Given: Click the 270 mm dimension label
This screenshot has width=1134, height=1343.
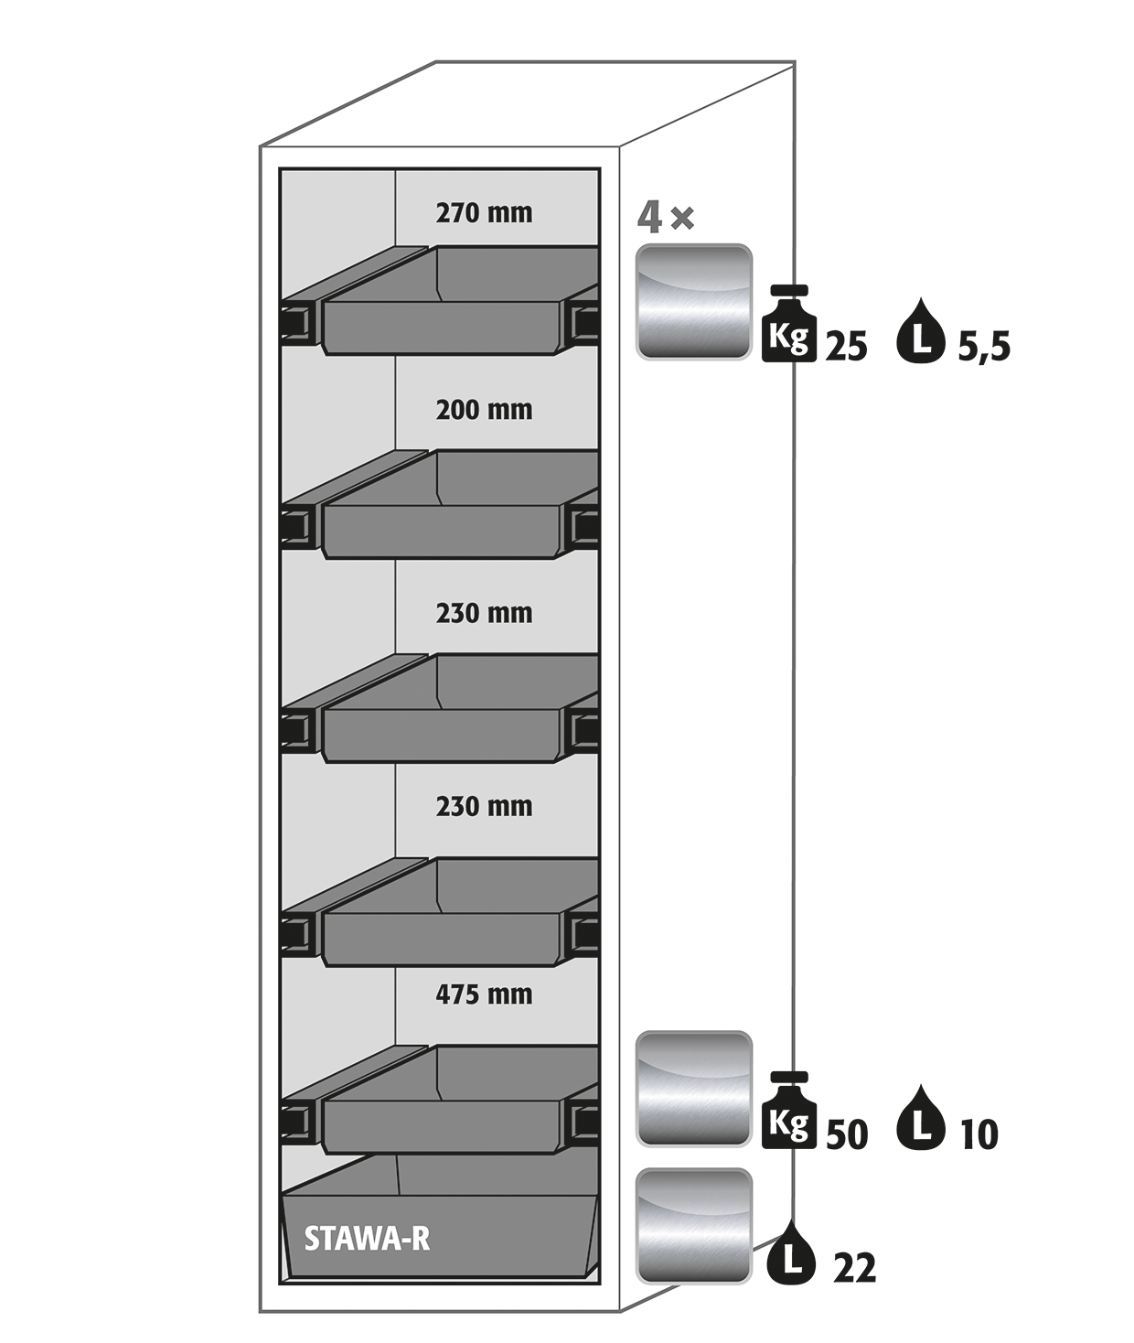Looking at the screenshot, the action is point(484,213).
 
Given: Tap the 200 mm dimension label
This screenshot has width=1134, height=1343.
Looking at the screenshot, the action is point(484,410).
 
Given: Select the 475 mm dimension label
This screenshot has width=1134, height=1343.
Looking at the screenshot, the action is point(484,995).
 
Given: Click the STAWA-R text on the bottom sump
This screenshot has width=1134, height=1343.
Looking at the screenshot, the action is point(367,1238).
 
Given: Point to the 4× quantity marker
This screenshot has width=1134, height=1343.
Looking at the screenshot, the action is point(666,218).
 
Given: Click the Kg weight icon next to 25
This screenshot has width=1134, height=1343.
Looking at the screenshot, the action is point(789,324).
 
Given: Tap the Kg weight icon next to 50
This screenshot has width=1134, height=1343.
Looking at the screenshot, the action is point(789,1111).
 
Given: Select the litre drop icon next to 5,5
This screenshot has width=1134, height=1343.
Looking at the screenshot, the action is point(921,330).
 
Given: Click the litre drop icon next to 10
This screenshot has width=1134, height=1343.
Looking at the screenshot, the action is point(921,1118).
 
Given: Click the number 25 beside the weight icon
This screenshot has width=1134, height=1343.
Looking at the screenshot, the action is point(847,348).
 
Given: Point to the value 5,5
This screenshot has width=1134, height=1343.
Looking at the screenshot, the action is point(984,348).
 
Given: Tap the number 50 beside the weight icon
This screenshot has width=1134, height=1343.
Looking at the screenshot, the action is point(847,1134).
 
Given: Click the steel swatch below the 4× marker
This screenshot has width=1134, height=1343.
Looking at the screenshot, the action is point(693,302).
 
